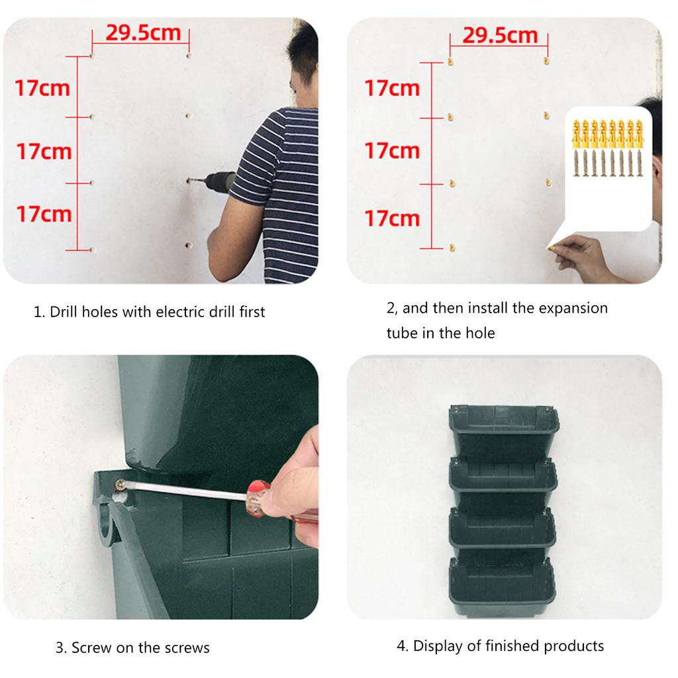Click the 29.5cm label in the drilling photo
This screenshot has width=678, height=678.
tap(143, 32)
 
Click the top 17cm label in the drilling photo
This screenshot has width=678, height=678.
tap(43, 87)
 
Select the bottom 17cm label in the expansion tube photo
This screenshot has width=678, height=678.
tap(392, 218)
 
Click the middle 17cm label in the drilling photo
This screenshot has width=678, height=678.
tap(44, 151)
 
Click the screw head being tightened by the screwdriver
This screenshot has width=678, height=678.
tap(121, 485)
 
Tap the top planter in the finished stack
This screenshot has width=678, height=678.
tap(503, 427)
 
